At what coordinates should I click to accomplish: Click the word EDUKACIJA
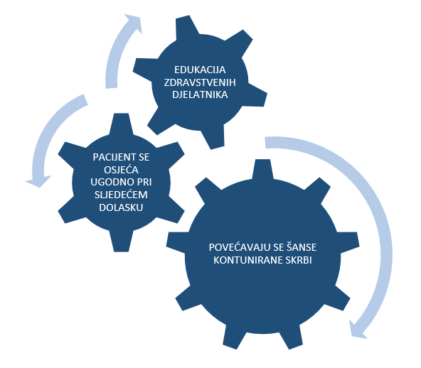click(x=200, y=70)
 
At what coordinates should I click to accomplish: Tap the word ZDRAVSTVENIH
click(x=200, y=82)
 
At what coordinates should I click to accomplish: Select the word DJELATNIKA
click(x=200, y=94)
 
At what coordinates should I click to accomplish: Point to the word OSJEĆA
click(x=121, y=169)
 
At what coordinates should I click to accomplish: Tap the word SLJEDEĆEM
click(x=121, y=194)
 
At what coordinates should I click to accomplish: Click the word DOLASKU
click(x=121, y=207)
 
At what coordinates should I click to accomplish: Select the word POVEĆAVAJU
click(x=240, y=247)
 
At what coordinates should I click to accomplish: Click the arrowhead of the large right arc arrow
click(x=357, y=330)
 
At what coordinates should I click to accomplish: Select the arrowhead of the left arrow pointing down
click(x=39, y=182)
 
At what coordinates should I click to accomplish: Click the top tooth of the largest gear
click(x=262, y=169)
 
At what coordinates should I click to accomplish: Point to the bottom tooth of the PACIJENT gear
click(x=122, y=242)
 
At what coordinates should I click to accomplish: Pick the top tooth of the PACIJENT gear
click(x=122, y=124)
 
